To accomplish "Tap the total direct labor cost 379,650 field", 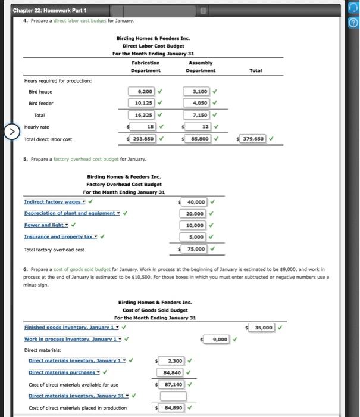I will click(x=252, y=139).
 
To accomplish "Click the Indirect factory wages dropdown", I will click(x=53, y=202).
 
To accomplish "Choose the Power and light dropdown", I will click(x=45, y=225).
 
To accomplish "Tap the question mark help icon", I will click(x=353, y=23).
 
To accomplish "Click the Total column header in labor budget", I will click(x=255, y=70).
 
